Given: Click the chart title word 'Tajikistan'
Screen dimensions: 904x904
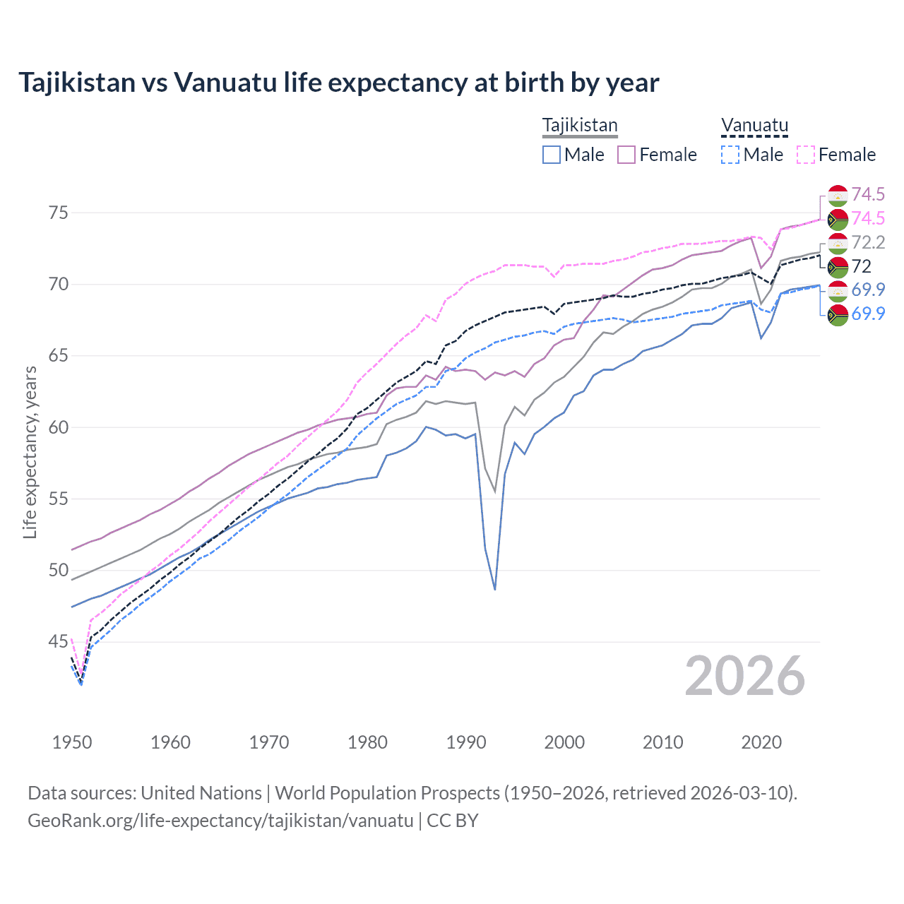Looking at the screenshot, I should point(76,83).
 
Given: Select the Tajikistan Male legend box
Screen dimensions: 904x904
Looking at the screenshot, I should point(552,155).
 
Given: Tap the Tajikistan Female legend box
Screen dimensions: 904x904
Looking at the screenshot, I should point(626,155).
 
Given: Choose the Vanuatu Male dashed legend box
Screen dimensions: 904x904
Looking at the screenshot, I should point(730,155).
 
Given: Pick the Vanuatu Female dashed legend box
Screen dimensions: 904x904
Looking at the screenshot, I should point(806,155).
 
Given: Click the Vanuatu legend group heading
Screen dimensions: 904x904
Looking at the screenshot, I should point(754,126).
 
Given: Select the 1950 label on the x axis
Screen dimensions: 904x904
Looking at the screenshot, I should point(72,742).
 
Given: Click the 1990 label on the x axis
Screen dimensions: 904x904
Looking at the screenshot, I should point(466,742).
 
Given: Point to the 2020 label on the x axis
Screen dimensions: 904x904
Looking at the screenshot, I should point(761,742).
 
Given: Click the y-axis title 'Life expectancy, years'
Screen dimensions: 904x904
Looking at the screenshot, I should point(30,452).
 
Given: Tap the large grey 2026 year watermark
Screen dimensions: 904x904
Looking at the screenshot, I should point(744,677).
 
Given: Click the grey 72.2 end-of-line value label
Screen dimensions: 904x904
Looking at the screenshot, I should point(868,243).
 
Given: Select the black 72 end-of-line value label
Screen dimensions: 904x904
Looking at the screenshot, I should point(862,267).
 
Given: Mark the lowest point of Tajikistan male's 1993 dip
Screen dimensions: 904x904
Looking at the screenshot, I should point(495,589).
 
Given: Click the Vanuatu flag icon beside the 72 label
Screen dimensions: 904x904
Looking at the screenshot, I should point(838,267).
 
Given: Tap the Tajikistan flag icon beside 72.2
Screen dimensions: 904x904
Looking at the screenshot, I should point(838,243).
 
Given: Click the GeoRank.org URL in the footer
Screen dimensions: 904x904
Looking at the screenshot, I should point(220,821).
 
